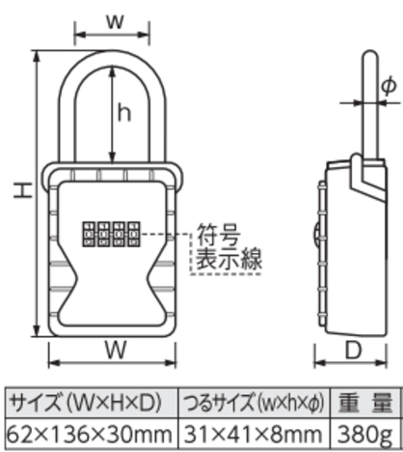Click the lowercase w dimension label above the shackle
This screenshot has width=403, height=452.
115,21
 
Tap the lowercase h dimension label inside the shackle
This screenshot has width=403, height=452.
124,112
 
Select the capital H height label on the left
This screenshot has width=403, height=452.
23,190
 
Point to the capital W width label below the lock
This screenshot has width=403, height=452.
115,350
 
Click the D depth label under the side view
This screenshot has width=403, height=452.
354,350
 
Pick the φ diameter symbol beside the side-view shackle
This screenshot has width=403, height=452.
389,85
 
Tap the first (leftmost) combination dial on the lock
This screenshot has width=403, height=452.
89,234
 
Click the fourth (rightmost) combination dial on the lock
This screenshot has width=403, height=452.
134,234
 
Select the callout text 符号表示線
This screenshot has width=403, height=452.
228,247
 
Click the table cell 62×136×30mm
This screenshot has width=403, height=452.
90,434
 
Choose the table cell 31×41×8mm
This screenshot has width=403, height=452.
254,434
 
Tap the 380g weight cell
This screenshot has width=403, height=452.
365,435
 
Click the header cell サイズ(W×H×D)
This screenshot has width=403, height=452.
86,403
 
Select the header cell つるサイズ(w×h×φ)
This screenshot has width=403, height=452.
254,403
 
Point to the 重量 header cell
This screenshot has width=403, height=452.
365,403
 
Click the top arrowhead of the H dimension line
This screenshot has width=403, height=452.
37,55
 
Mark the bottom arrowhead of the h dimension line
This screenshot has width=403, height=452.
112,158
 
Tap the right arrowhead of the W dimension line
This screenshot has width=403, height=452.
171,363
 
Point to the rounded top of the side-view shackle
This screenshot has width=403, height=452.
370,53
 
